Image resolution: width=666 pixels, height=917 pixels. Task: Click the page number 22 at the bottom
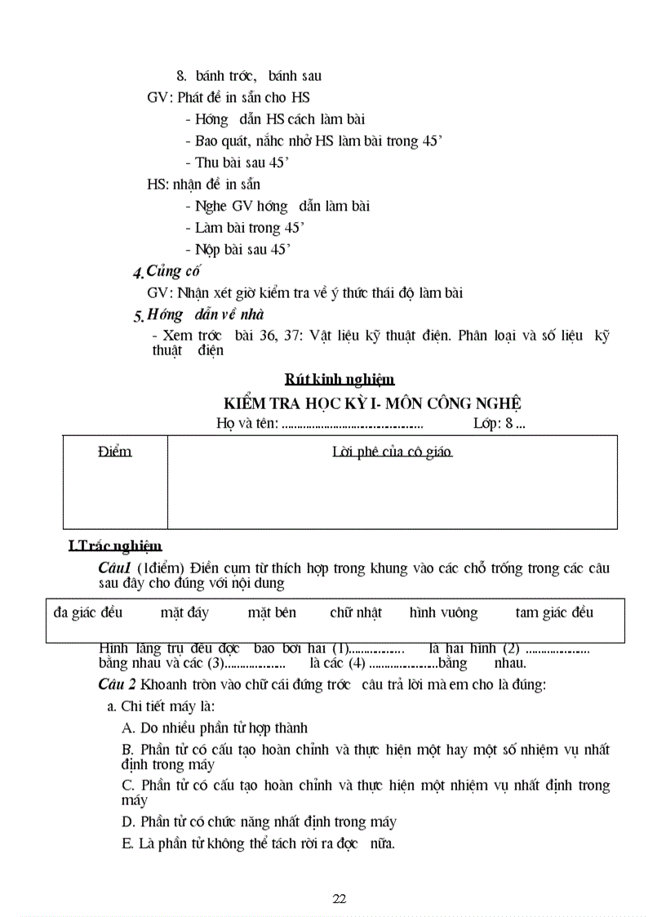tap(340, 899)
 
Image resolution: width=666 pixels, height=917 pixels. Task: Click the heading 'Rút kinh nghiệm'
tap(340, 379)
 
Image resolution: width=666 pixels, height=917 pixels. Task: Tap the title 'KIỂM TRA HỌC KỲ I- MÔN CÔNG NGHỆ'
tap(373, 403)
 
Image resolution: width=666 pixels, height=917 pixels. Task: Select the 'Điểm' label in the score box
tap(115, 452)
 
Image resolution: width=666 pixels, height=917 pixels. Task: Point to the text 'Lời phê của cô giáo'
tap(393, 452)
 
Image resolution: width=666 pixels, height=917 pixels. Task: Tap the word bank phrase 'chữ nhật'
tap(356, 612)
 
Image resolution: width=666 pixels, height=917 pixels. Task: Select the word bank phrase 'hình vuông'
tap(444, 612)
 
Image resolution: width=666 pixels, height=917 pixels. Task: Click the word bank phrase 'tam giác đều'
tap(554, 612)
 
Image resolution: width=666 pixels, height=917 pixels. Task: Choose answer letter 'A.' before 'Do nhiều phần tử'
tap(128, 728)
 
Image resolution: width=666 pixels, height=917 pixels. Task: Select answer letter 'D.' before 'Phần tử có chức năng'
tap(128, 822)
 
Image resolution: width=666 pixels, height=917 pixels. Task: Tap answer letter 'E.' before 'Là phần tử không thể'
tap(127, 844)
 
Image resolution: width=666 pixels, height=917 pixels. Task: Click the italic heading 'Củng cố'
tap(173, 271)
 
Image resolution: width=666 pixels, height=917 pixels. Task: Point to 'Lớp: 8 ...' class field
tap(499, 423)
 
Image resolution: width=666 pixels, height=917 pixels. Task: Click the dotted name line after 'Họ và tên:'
tap(352, 425)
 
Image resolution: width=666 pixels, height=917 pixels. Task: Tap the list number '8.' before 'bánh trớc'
tap(182, 76)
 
